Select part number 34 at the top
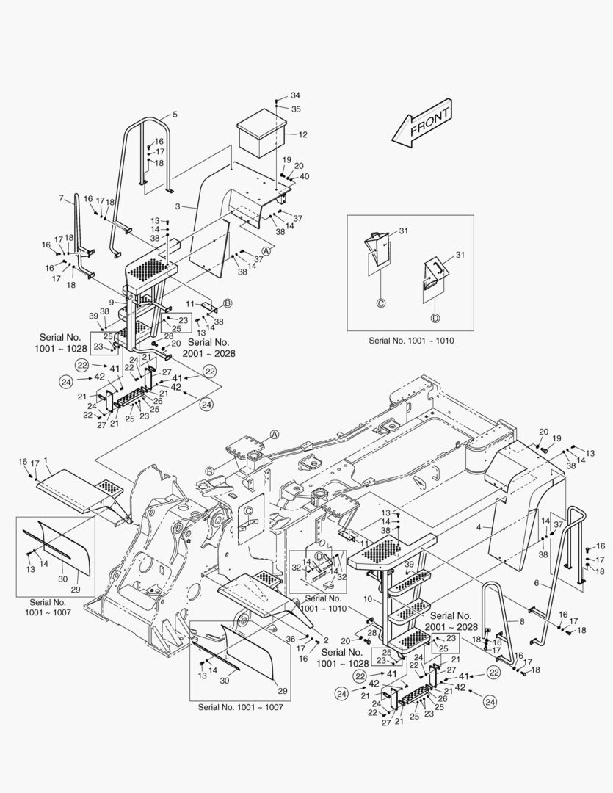tap(295, 95)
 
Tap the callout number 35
tap(295, 109)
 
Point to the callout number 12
tap(302, 134)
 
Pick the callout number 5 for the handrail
tap(175, 115)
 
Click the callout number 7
tap(62, 198)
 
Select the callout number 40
tap(305, 176)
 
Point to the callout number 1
tap(46, 460)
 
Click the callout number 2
tap(326, 640)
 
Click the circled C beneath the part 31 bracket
tap(381, 302)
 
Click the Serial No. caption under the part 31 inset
tap(410, 341)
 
